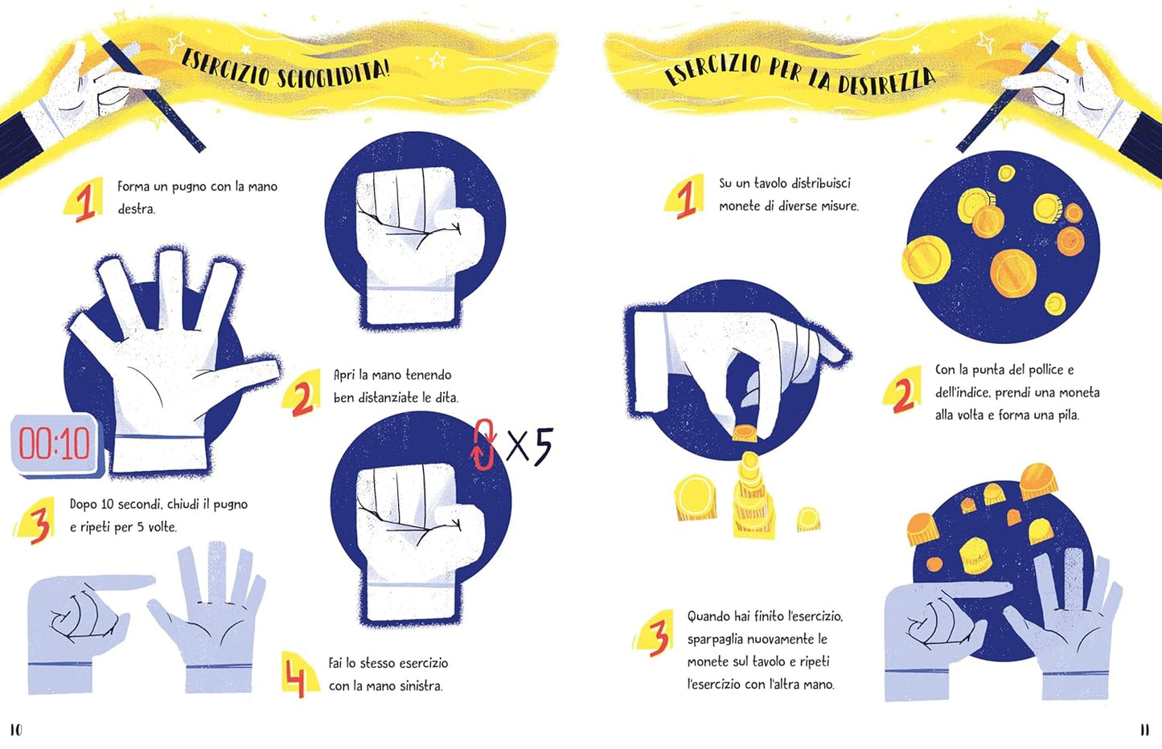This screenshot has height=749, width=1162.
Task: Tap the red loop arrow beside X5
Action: [x=483, y=444]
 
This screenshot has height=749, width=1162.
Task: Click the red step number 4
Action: [x=295, y=675]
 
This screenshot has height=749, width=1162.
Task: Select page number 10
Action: [x=16, y=729]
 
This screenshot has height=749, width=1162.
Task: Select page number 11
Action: [x=1145, y=730]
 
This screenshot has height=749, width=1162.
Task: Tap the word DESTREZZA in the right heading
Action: [x=886, y=82]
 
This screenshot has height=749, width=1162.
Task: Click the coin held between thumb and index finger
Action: [x=745, y=433]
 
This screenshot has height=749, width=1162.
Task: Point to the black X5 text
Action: [x=529, y=444]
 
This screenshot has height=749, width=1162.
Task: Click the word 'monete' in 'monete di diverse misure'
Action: [x=737, y=207]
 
